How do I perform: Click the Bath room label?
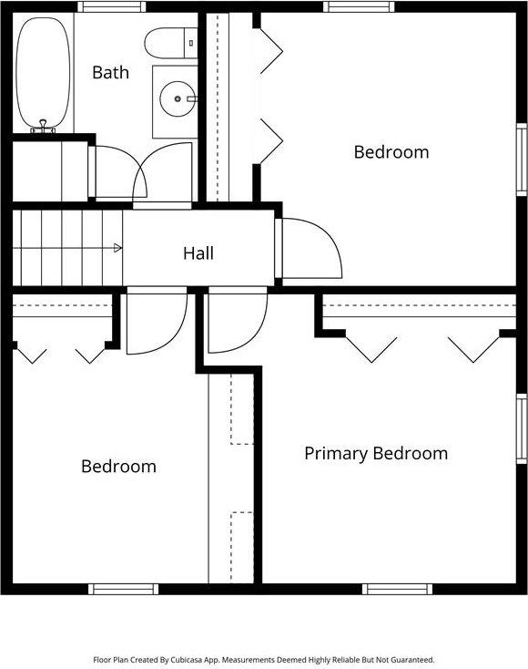coord(110,73)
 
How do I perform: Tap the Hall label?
coord(198,253)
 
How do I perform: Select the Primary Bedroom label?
coord(376,453)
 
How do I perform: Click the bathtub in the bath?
coord(43,70)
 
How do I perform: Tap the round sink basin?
coord(176,95)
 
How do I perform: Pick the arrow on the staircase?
coord(117,248)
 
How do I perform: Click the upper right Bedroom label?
coord(391,152)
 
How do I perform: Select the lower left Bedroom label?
coord(118,467)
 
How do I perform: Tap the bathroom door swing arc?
coord(164,170)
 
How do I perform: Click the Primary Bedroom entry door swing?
coord(237,322)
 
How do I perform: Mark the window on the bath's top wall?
coord(111,6)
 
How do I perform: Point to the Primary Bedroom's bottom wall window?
coord(398,589)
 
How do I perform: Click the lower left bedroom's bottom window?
coord(124,589)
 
